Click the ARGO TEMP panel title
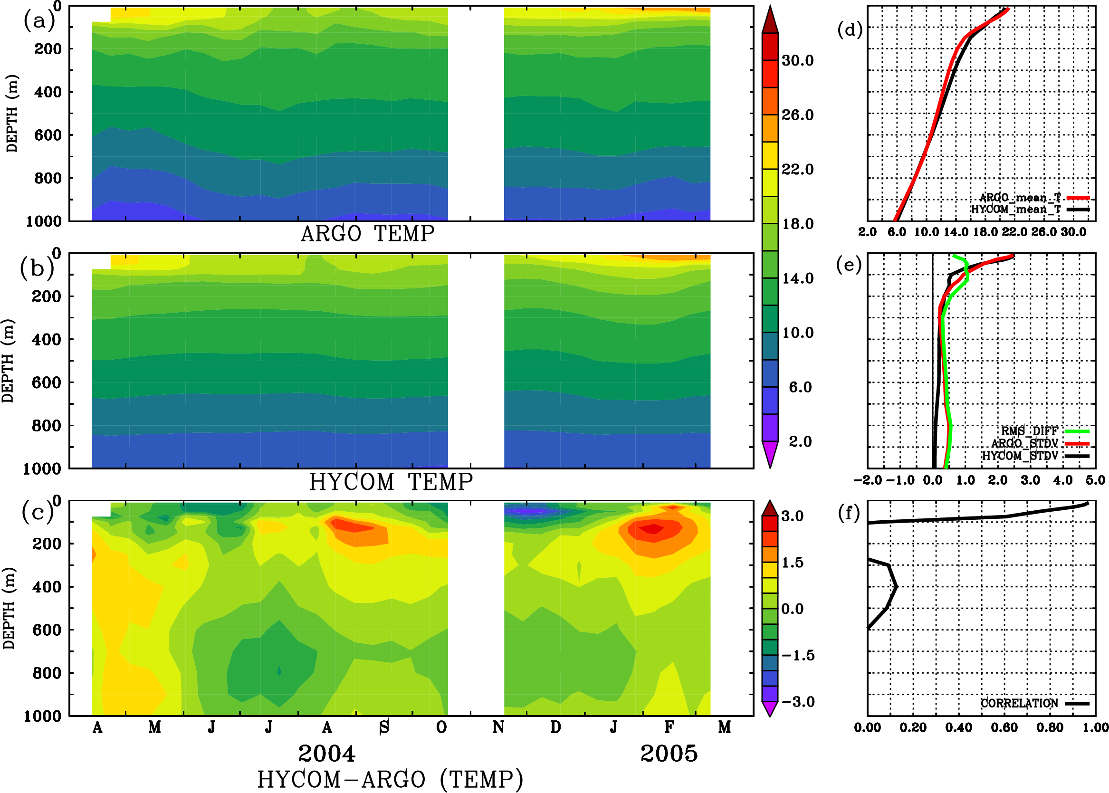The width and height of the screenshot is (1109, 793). point(367,234)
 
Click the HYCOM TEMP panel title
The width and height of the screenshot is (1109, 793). point(391,482)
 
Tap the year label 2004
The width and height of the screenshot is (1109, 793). point(327,754)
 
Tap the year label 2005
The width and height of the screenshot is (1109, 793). point(669,754)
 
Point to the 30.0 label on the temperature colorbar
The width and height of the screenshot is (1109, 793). point(797,60)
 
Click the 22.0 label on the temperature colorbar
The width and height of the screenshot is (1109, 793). point(797,170)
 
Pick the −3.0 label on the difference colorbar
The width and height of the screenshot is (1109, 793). point(798,702)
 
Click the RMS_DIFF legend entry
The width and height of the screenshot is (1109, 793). point(1029,431)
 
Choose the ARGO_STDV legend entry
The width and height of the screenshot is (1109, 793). point(1024,443)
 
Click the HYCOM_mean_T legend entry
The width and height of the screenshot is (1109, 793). point(1016,210)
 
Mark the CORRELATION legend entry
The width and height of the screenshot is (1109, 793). point(1019,703)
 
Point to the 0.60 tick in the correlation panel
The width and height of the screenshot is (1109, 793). point(1004,728)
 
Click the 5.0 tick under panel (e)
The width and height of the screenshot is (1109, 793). point(1095,480)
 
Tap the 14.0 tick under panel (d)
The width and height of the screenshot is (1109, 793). point(955,232)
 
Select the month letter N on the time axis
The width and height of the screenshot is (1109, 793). point(498,727)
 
